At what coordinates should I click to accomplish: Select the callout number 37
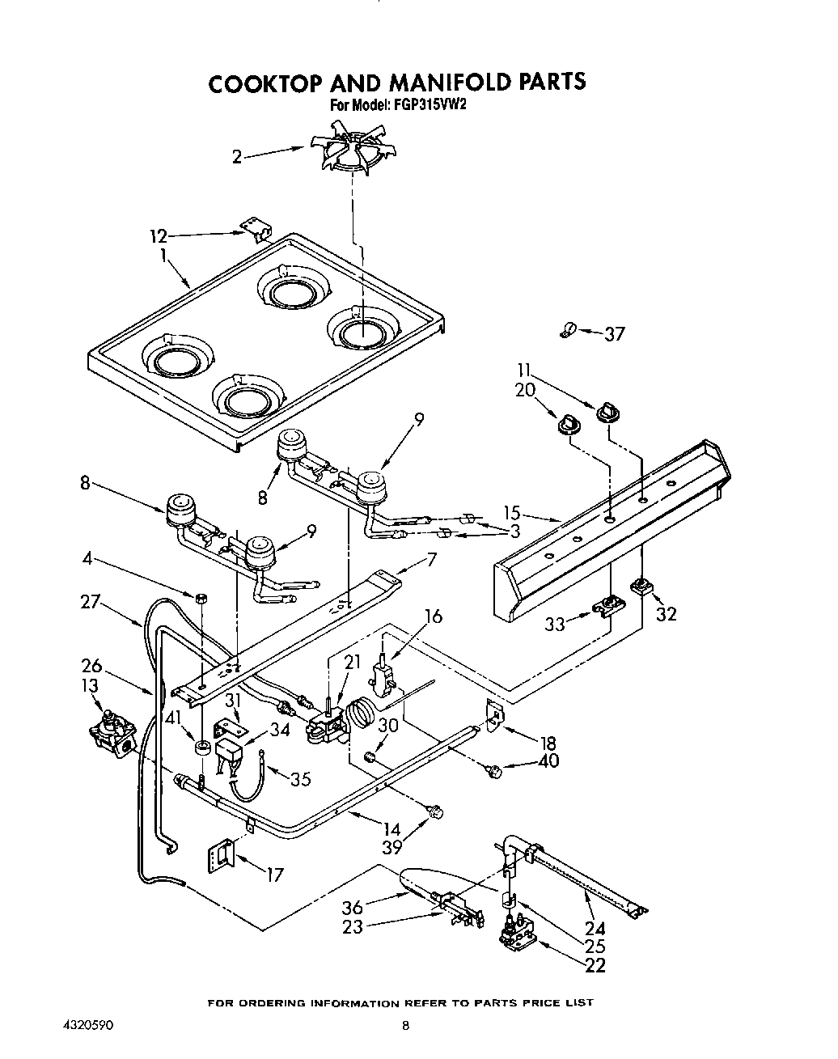pyautogui.click(x=615, y=333)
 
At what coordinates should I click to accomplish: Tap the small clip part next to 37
pyautogui.click(x=568, y=329)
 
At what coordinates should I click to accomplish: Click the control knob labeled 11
pyautogui.click(x=607, y=413)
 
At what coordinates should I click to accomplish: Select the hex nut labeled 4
pyautogui.click(x=200, y=597)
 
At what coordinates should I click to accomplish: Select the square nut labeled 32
pyautogui.click(x=644, y=583)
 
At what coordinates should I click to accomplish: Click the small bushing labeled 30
pyautogui.click(x=370, y=757)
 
